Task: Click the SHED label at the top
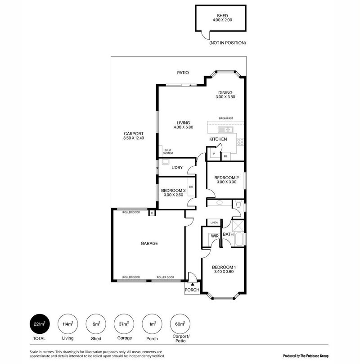click(222, 16)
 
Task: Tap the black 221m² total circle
click(40, 324)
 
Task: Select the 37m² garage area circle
click(124, 324)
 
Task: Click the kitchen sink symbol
click(225, 130)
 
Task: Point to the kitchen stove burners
click(240, 141)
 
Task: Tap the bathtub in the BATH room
click(239, 239)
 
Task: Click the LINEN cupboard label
click(214, 223)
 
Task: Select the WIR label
click(215, 236)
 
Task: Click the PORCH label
click(192, 290)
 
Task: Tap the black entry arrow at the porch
click(192, 284)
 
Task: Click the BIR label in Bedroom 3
click(191, 187)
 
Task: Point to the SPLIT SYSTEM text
click(168, 152)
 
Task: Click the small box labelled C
click(152, 213)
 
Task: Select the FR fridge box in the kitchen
click(225, 156)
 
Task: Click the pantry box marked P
click(214, 154)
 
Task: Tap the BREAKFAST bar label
click(226, 118)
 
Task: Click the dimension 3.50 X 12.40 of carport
click(134, 138)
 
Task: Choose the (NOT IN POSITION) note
click(228, 43)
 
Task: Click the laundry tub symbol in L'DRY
click(166, 162)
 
